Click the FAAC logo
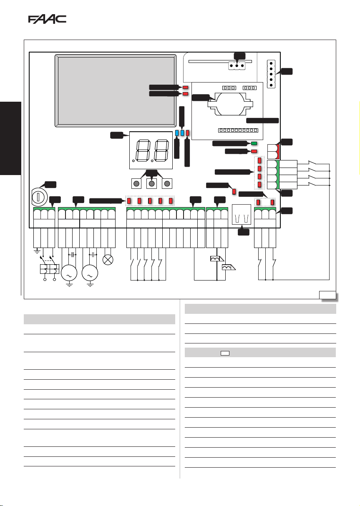(x=47, y=20)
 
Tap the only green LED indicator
(x=254, y=144)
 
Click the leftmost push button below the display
(x=136, y=183)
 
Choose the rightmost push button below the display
(x=167, y=183)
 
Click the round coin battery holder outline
(x=229, y=104)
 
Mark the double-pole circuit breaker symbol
(x=49, y=269)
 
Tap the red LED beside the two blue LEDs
(x=187, y=133)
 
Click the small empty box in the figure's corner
(x=327, y=295)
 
